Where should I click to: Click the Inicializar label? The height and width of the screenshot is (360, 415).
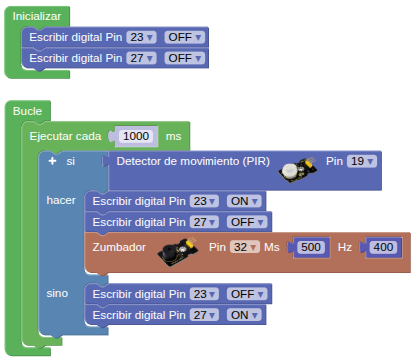pos(37,16)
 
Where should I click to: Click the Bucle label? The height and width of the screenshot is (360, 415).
pos(27,111)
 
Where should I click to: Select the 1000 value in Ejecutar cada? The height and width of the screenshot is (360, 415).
pos(136,136)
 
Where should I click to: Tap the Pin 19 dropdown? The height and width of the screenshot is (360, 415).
pos(362,161)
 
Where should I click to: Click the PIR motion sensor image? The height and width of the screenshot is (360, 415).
pos(297,170)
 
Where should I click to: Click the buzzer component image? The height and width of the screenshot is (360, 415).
pos(178,251)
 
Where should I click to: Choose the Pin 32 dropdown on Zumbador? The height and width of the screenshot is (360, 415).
pos(245,247)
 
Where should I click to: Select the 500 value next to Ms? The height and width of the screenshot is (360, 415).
pos(311,247)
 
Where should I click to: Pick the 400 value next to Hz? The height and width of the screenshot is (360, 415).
pos(383,247)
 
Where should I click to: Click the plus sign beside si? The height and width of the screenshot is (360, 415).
pos(52,161)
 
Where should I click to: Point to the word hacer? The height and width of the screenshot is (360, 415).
pos(61,200)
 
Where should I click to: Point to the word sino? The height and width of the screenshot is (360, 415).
pos(57,293)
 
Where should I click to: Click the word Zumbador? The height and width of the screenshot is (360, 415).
pos(119,247)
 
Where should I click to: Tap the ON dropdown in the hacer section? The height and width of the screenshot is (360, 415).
pos(244,201)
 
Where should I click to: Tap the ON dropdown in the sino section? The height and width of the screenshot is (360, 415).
pos(244,315)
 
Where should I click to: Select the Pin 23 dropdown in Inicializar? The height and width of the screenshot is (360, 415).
pos(141,37)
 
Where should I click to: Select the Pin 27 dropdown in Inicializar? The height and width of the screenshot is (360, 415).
pos(141,58)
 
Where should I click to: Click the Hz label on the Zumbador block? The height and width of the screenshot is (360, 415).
pos(345,247)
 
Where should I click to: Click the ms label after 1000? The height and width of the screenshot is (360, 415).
pos(173,136)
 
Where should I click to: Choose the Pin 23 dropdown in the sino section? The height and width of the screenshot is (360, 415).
pos(204,294)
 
